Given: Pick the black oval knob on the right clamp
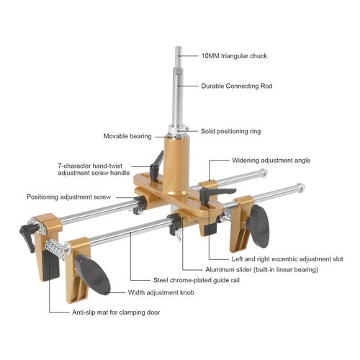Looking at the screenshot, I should [259, 225].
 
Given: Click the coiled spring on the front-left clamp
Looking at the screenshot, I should [53, 250].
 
